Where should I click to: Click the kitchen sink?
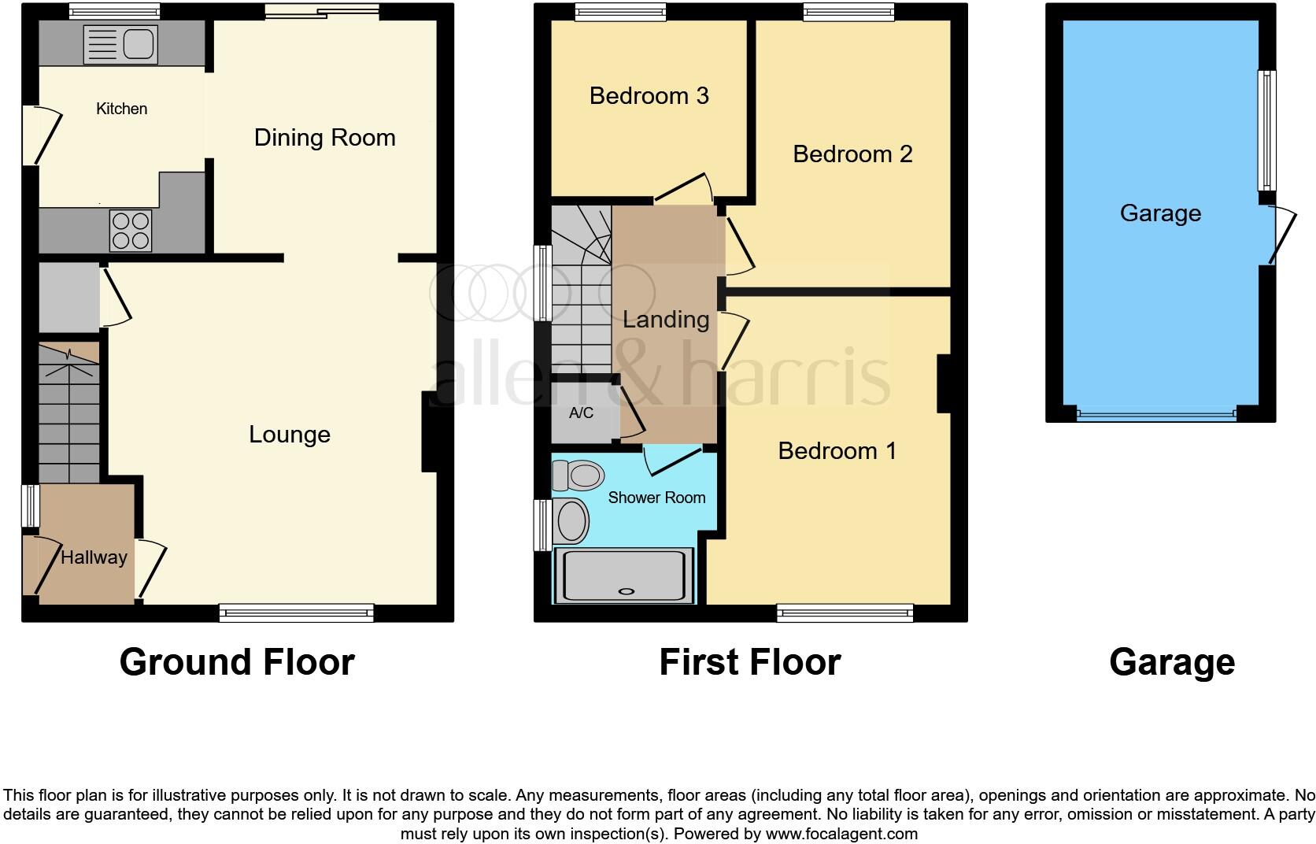tap(121, 43)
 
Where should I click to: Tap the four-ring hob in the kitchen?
tap(131, 231)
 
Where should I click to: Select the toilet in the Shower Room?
tap(579, 476)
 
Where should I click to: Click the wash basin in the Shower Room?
tap(571, 521)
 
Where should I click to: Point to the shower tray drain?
tap(627, 591)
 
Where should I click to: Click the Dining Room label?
tap(324, 138)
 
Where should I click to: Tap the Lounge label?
tap(290, 435)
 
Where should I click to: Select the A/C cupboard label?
tap(581, 413)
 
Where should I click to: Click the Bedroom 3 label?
tap(649, 96)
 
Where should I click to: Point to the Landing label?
tap(666, 320)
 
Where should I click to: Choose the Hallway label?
tap(94, 557)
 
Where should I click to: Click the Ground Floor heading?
tap(237, 662)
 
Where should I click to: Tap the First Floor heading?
tap(749, 662)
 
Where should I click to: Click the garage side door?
tap(1281, 235)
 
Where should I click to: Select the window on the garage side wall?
tap(1266, 130)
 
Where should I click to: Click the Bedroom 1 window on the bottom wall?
tap(845, 613)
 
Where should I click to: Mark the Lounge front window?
tap(296, 613)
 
